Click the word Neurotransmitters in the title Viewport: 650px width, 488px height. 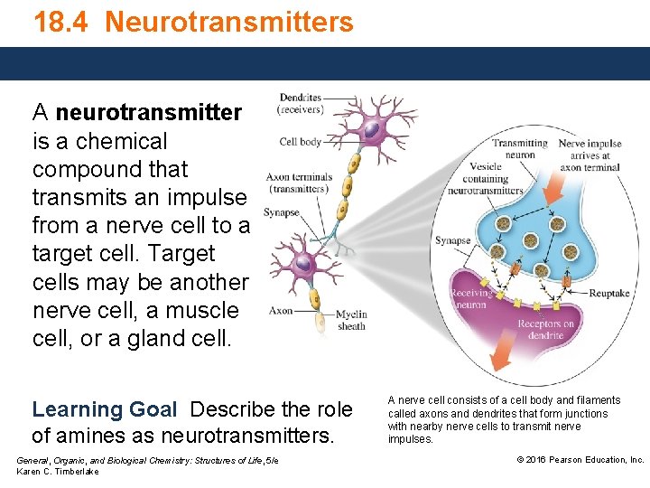(228, 22)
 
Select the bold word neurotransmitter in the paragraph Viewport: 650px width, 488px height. (148, 113)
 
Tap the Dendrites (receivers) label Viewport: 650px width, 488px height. (301, 103)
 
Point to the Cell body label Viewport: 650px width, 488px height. (301, 142)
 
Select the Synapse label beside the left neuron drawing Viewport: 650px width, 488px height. (281, 213)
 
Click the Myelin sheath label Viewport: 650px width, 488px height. (351, 320)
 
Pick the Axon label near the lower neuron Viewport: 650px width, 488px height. (281, 311)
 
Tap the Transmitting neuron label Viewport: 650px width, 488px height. (519, 148)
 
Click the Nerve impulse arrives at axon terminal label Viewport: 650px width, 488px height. (590, 155)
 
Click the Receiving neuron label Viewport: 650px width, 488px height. (471, 299)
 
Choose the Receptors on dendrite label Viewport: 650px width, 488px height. (546, 330)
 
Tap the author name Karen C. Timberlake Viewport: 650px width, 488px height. (58, 472)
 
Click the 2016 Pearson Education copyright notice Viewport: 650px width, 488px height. (580, 460)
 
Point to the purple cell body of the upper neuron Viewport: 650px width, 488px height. (371, 131)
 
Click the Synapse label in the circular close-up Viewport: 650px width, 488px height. (453, 241)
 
